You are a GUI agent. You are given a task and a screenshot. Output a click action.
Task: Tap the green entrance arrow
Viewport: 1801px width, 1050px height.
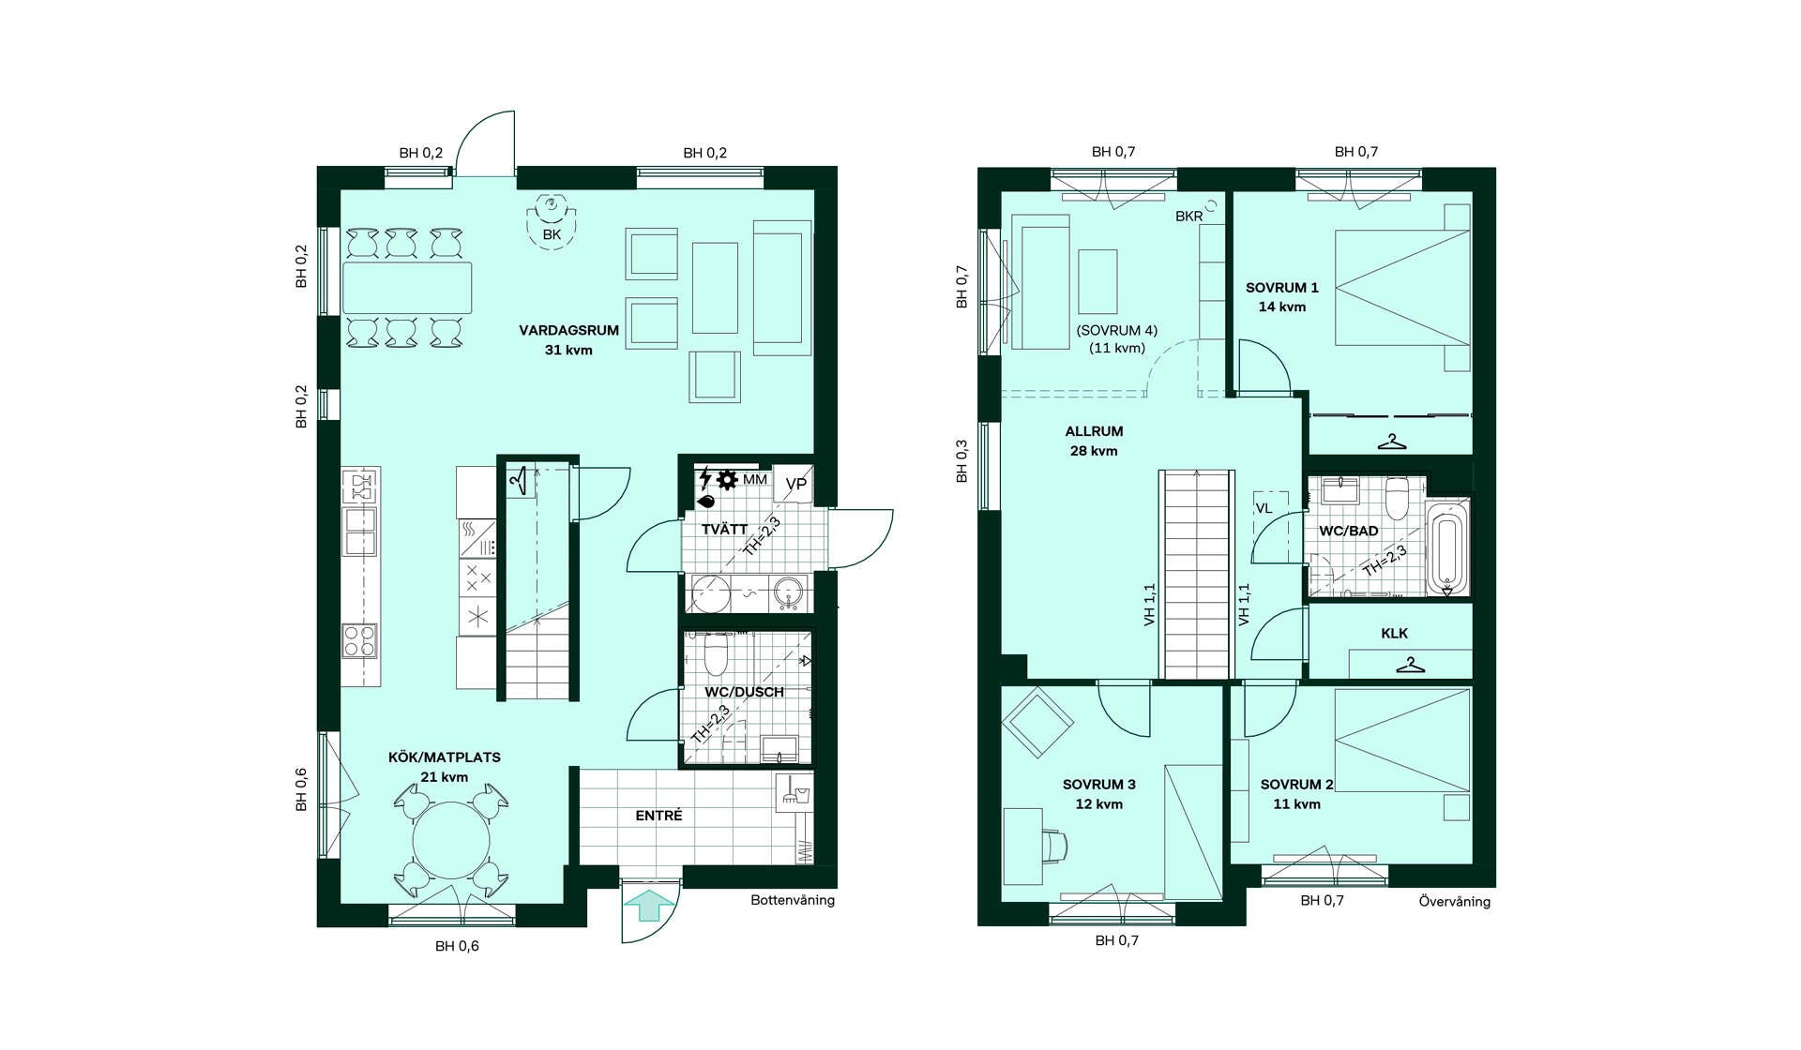tap(649, 906)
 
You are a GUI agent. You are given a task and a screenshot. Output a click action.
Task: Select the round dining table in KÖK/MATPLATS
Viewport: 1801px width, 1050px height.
tap(451, 840)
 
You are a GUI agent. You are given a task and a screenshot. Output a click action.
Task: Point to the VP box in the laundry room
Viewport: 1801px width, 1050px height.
tap(795, 484)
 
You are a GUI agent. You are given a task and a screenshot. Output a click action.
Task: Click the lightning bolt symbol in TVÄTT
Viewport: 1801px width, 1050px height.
tap(704, 479)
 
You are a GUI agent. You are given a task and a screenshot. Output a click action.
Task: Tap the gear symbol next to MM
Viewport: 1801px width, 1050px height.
tap(727, 480)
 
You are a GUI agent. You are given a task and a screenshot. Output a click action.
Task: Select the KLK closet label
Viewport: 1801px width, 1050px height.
tap(1394, 634)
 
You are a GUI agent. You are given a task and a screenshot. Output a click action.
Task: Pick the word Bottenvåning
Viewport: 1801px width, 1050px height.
tap(793, 900)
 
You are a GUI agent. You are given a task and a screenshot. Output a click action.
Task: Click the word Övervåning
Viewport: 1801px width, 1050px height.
tap(1454, 901)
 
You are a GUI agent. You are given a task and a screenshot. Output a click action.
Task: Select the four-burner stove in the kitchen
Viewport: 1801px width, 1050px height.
tap(359, 641)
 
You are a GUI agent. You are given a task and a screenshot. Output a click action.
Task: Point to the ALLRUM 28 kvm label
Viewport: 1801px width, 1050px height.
tap(1094, 441)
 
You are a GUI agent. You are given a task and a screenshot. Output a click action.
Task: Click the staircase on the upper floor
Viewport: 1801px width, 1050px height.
tap(1196, 574)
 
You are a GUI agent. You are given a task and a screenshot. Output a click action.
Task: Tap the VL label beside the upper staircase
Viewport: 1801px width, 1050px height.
tap(1264, 508)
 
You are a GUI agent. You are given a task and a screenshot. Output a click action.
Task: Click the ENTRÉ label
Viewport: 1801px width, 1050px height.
tap(658, 816)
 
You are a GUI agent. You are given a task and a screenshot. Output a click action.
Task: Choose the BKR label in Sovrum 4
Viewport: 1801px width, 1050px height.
tap(1188, 217)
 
